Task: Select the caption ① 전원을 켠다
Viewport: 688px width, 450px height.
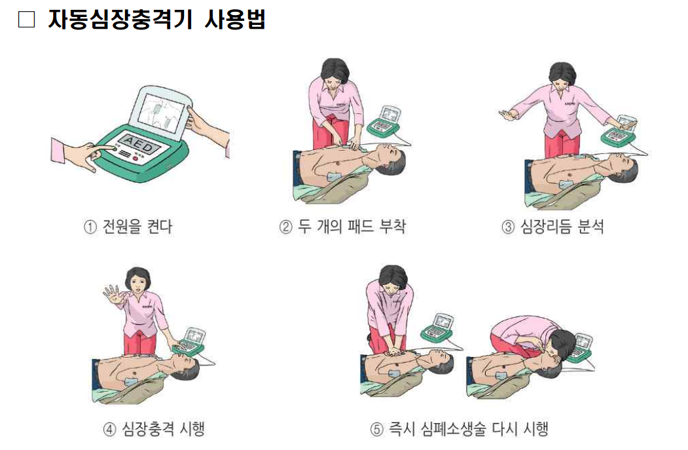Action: (x=128, y=227)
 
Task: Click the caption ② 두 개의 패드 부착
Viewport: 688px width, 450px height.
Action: (x=342, y=227)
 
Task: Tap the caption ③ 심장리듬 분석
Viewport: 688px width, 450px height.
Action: (x=553, y=227)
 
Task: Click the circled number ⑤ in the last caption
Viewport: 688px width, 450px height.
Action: (x=376, y=429)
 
